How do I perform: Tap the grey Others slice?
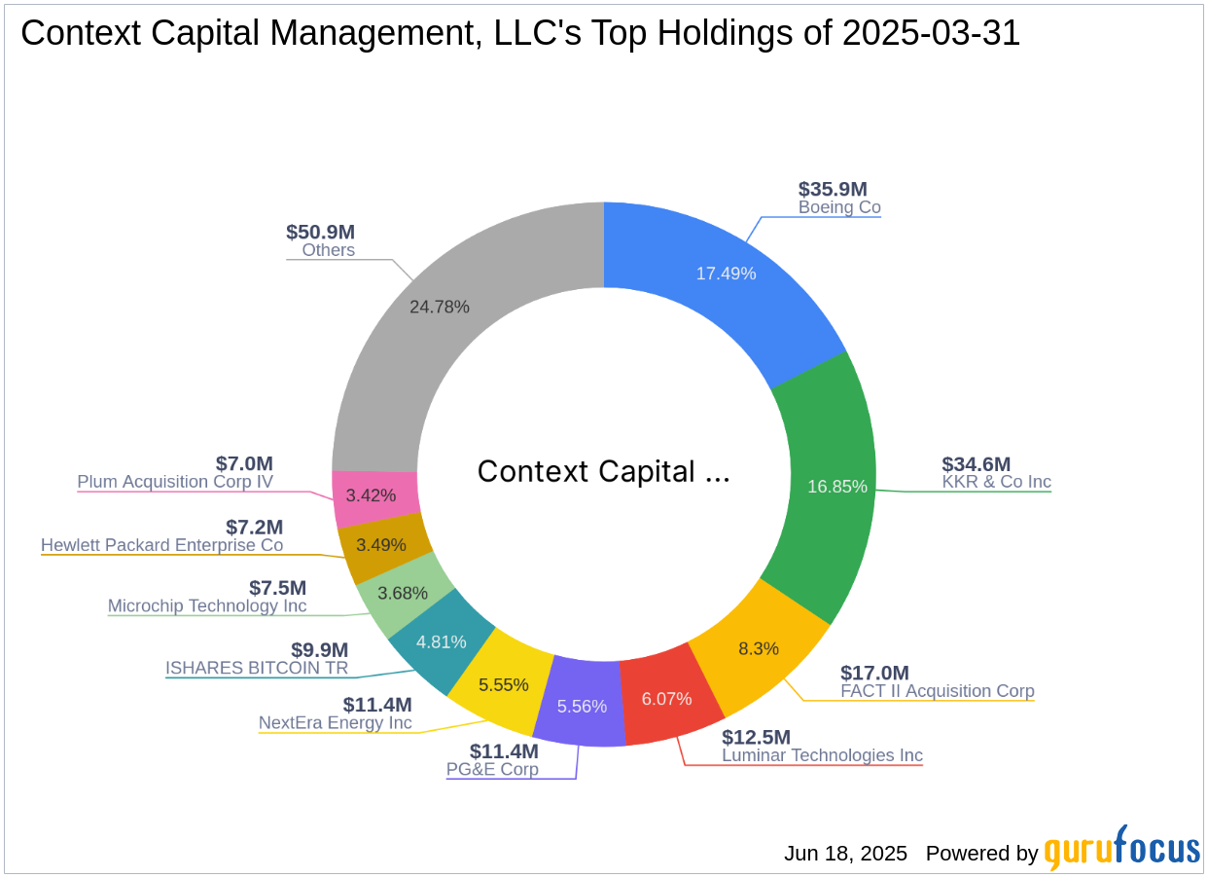point(428,321)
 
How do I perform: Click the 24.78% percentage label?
point(440,307)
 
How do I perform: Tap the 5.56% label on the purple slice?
point(582,707)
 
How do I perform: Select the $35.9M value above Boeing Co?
point(833,189)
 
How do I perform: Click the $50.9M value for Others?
point(320,232)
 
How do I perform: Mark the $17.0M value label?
point(874,673)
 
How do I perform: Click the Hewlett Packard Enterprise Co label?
point(161,545)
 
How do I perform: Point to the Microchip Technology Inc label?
point(207,605)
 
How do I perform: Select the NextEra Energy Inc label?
point(335,722)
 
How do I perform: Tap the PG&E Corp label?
point(492,769)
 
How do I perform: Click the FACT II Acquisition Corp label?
point(937,691)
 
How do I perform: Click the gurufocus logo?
point(1122,849)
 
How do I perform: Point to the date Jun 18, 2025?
point(845,854)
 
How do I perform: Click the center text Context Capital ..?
point(603,471)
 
